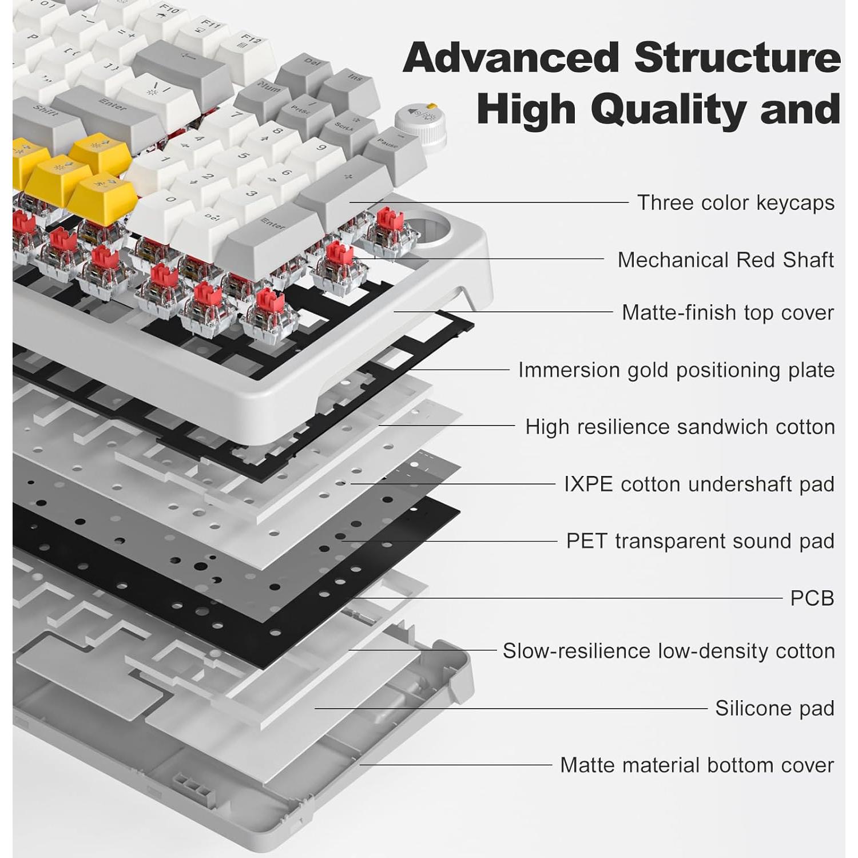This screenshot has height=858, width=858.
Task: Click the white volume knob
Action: (x=420, y=121)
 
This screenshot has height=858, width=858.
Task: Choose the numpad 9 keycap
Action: (x=320, y=150)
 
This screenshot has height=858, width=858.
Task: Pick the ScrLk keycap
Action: (x=346, y=127)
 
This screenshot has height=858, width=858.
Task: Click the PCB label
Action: (x=812, y=598)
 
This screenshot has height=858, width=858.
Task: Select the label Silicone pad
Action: (x=774, y=708)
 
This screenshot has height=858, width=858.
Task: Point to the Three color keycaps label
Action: (x=736, y=202)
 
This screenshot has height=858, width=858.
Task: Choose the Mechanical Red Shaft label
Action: (x=725, y=260)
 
